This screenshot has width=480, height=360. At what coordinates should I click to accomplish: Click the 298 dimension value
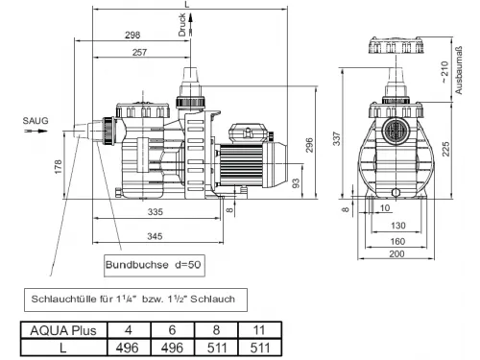tap(132, 35)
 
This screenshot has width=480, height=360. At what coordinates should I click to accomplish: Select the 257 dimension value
tap(139, 52)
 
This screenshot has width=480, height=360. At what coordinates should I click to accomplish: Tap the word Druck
tap(182, 25)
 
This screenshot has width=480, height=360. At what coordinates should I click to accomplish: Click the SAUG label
tap(36, 121)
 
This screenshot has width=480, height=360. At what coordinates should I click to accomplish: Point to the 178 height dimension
tap(59, 167)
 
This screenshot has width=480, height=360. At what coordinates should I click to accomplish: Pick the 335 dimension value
tap(156, 211)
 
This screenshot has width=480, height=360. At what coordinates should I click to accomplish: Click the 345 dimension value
tap(155, 236)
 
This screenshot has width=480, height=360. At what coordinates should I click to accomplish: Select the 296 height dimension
tap(309, 145)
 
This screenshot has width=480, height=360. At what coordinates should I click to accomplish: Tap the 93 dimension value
tap(297, 183)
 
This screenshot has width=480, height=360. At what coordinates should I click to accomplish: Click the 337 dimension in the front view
tap(337, 138)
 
